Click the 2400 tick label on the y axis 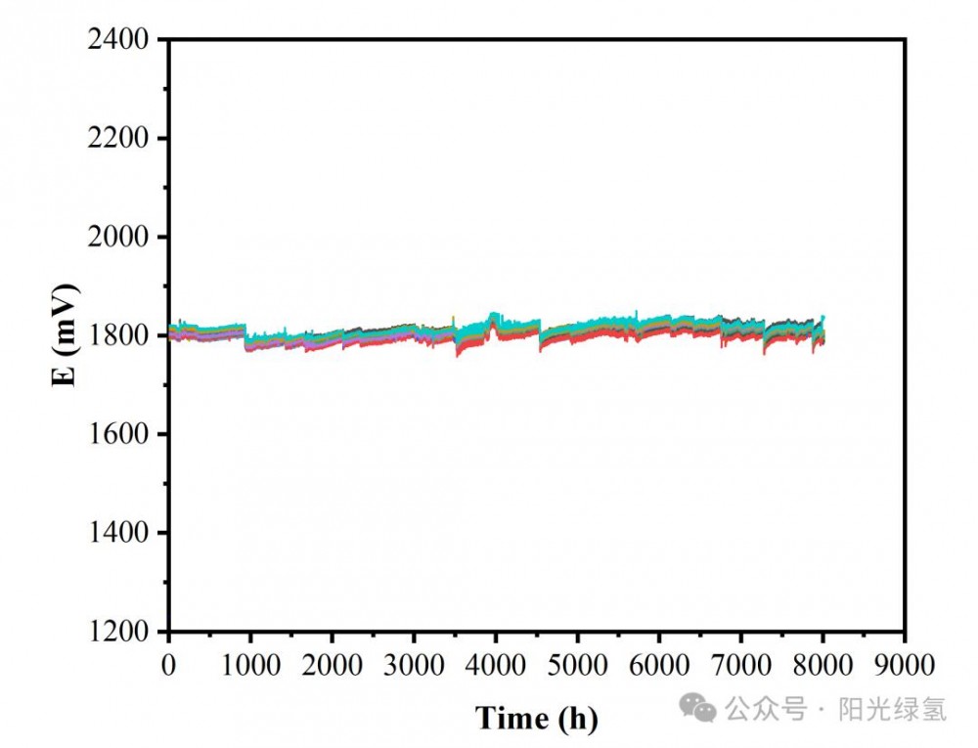119,40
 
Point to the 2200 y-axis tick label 119,139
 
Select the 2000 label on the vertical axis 119,238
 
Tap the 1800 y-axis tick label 119,336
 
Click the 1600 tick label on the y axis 119,434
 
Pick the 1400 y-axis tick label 119,533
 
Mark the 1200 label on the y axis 119,632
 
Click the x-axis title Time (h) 536,719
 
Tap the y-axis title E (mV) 66,335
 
